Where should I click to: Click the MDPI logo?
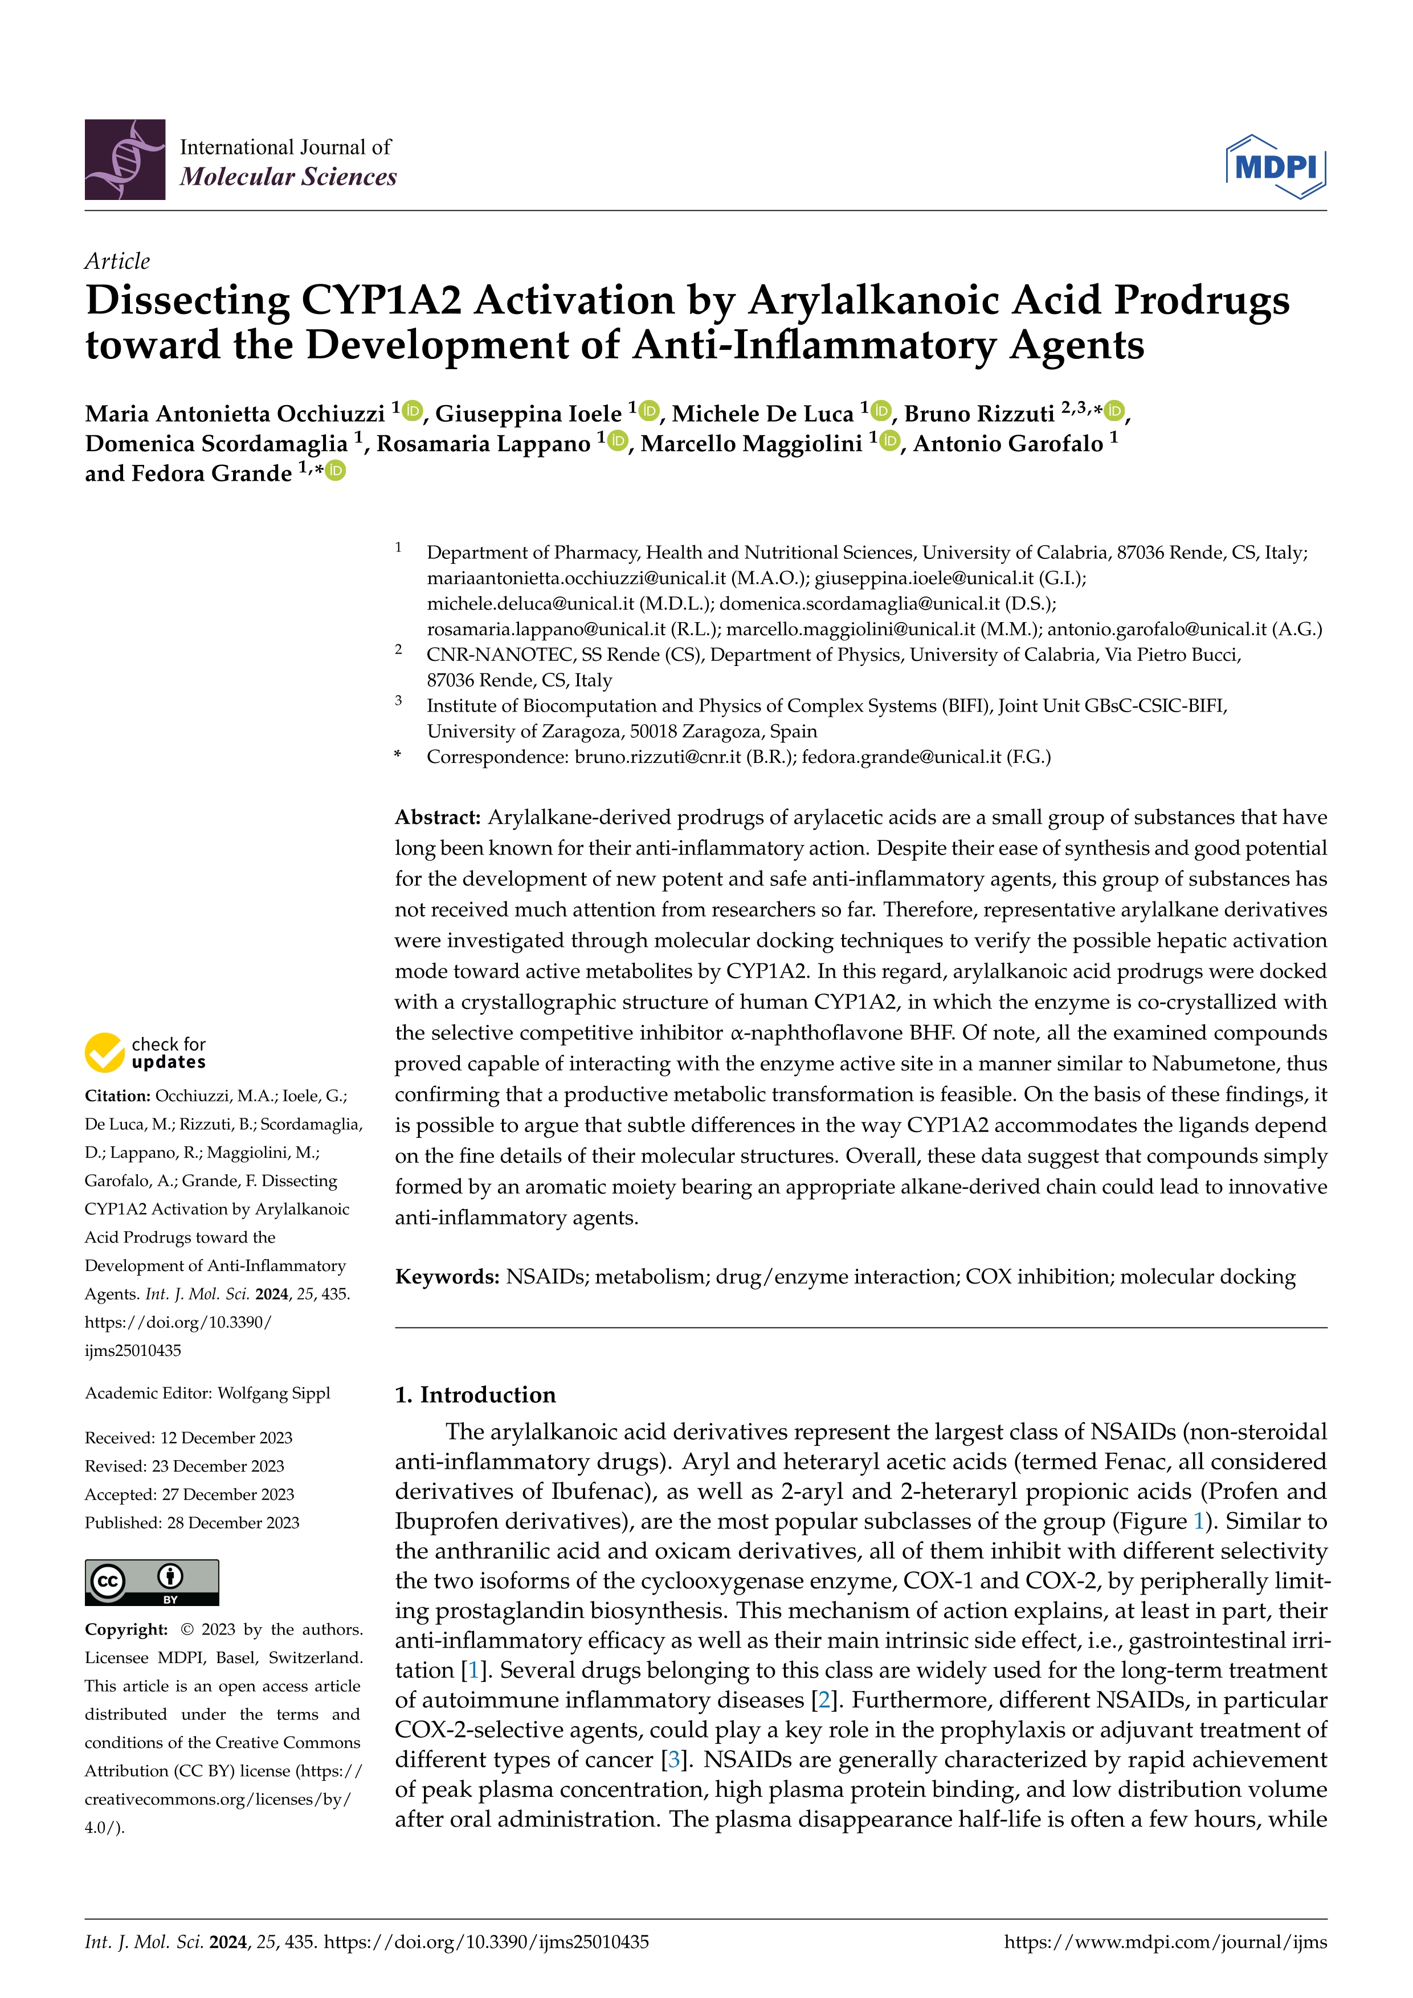pos(1276,166)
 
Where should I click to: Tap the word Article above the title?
pos(117,261)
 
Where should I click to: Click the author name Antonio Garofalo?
pos(1007,444)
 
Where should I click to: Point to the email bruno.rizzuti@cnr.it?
pos(657,757)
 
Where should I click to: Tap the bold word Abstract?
pos(438,817)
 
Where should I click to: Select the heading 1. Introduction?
pos(475,1394)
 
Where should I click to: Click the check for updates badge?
pos(145,1052)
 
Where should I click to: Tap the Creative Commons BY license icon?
pos(152,1582)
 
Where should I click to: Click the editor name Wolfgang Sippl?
pos(273,1393)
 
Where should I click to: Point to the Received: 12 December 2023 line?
pos(188,1437)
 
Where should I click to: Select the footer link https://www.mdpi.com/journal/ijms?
pos(1165,1942)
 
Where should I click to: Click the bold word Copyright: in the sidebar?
pos(126,1629)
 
